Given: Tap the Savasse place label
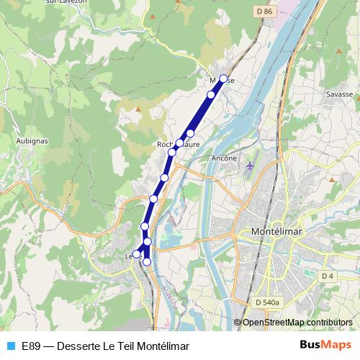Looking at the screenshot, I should click(339, 94).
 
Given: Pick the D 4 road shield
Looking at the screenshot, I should click(328, 276).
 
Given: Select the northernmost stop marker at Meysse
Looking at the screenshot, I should click(223, 78).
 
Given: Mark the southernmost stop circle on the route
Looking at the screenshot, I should click(147, 262).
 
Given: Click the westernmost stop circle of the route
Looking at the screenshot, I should click(136, 253).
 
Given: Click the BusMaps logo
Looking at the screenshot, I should click(325, 345).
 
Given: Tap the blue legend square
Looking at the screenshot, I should click(10, 346).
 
